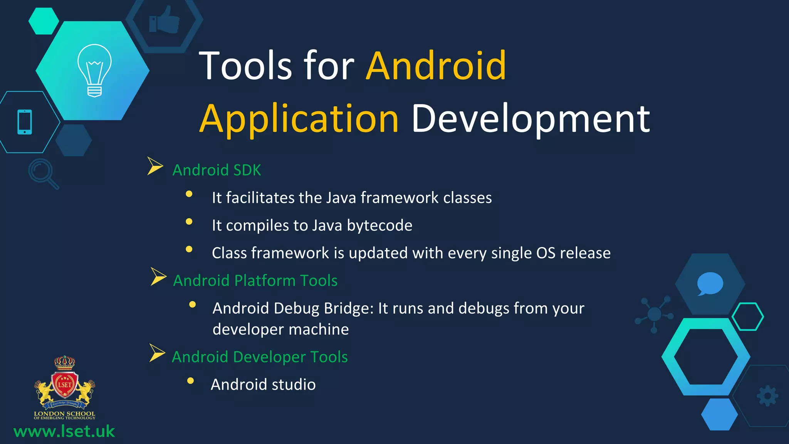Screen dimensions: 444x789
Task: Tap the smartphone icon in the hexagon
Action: (25, 122)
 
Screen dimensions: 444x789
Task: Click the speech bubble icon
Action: (710, 284)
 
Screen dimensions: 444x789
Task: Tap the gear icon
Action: (767, 395)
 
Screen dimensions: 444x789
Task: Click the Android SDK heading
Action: (217, 170)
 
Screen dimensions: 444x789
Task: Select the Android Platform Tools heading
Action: (255, 281)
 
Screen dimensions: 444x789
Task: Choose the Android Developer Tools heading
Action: (260, 357)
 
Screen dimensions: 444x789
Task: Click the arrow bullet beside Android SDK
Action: (155, 166)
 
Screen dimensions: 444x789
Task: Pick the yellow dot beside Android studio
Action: (190, 381)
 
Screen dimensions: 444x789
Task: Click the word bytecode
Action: (379, 225)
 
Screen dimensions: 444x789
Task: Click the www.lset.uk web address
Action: (64, 431)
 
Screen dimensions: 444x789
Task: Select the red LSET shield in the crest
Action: (65, 385)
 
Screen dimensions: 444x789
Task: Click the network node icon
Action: (654, 314)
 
